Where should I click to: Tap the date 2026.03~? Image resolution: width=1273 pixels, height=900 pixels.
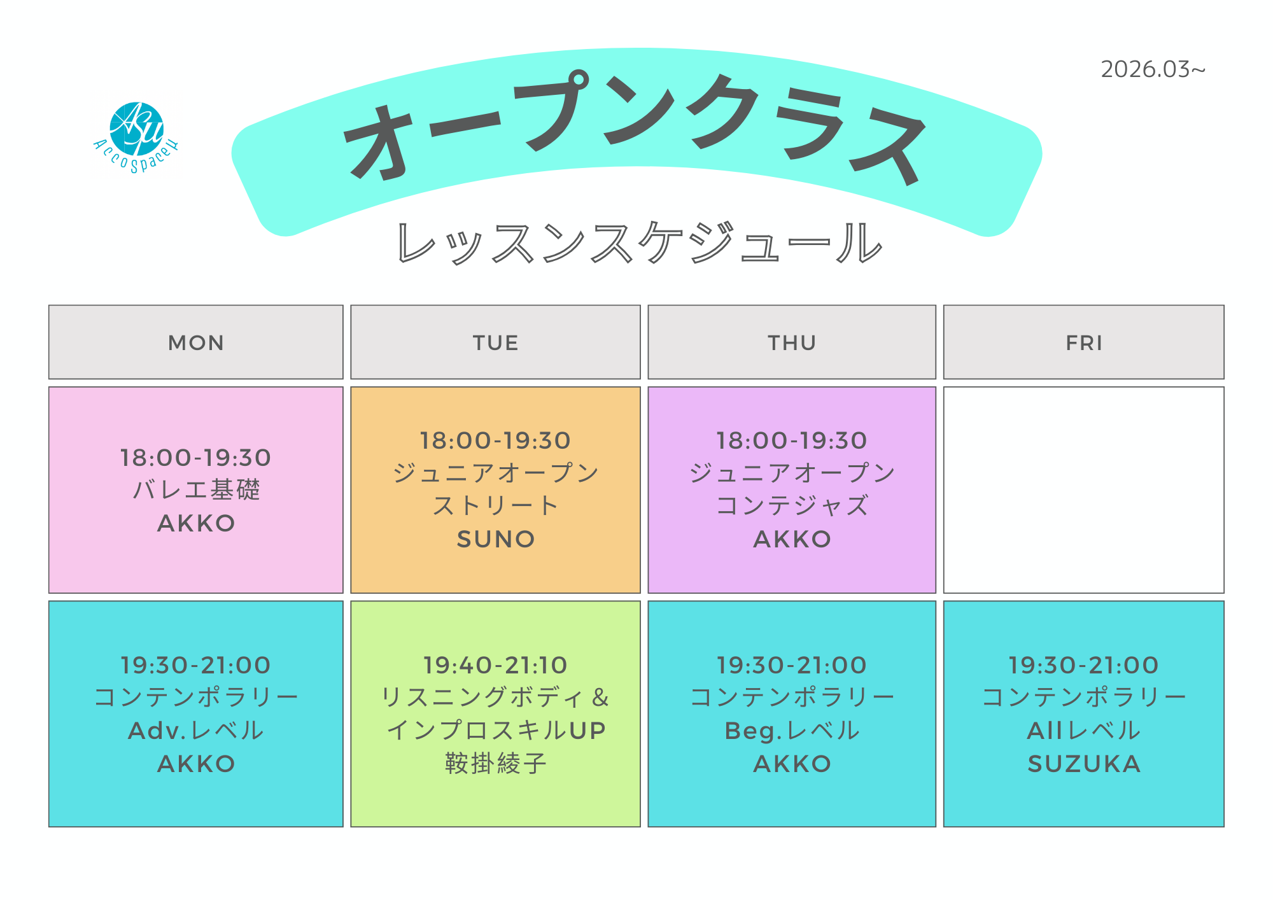[1153, 69]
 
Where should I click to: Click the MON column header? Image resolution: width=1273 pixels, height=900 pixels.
[196, 342]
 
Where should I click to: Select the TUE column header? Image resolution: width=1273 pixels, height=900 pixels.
[495, 342]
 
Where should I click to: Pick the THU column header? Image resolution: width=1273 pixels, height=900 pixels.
[792, 342]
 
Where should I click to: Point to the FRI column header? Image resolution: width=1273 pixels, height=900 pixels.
[1083, 342]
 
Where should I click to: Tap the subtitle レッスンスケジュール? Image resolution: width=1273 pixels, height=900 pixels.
[640, 243]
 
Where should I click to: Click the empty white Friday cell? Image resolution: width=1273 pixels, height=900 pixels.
[1083, 490]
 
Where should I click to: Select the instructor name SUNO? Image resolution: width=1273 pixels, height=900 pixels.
[496, 539]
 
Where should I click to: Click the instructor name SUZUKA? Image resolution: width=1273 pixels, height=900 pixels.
[1084, 764]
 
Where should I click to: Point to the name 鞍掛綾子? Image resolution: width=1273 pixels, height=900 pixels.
[496, 763]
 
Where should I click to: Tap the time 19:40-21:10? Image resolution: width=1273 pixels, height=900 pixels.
[495, 665]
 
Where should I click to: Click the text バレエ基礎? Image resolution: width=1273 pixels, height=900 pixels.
[196, 489]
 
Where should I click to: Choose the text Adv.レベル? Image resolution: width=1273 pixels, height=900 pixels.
[196, 731]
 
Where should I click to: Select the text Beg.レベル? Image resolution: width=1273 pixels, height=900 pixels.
[792, 731]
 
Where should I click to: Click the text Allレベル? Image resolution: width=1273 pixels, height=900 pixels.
[1084, 731]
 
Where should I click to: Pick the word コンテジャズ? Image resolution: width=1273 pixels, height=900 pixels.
[792, 506]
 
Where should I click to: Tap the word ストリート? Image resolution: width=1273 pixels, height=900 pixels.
[495, 506]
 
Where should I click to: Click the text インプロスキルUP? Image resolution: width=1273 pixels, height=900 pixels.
[496, 731]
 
